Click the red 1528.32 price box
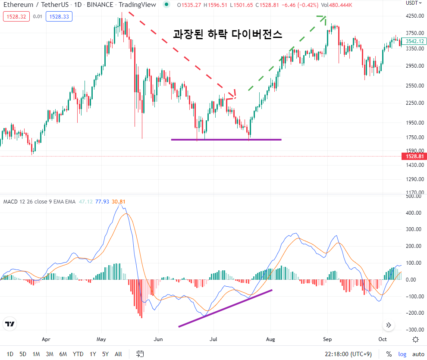click(16, 16)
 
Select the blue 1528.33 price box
click(59, 16)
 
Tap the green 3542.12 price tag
click(414, 41)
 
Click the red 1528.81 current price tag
click(414, 157)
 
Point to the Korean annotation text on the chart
click(227, 34)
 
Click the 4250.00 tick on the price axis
click(415, 16)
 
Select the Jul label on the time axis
click(213, 339)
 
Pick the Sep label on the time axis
click(327, 339)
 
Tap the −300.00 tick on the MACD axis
click(415, 330)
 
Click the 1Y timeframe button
click(93, 354)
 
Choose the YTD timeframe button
click(78, 354)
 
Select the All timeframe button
click(118, 354)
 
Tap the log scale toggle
click(402, 354)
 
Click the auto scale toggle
click(418, 354)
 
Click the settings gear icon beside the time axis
click(415, 340)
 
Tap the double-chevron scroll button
click(389, 325)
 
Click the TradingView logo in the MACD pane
click(10, 324)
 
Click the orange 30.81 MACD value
click(119, 202)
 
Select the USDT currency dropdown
click(414, 3)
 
